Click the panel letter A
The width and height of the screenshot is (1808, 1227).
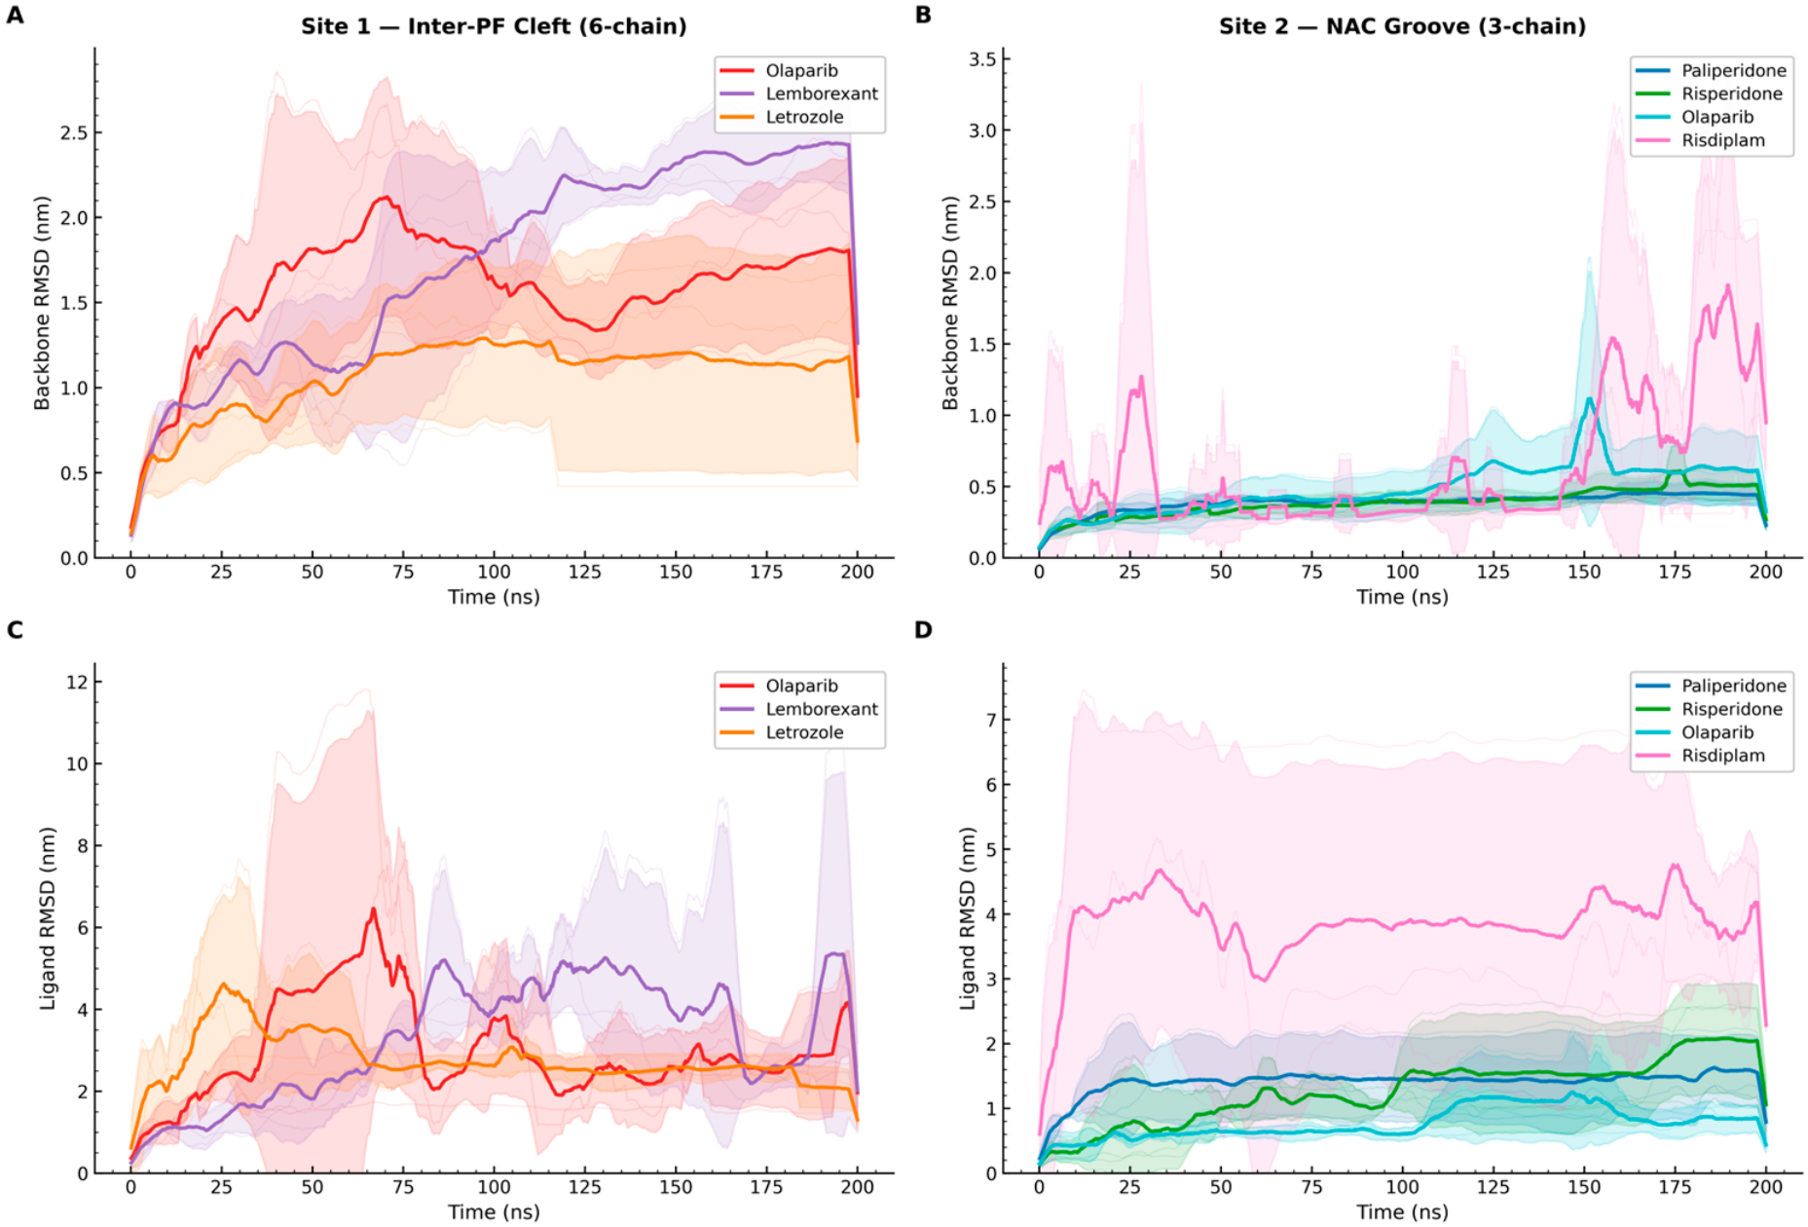(15, 16)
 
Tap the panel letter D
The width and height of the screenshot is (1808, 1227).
(923, 630)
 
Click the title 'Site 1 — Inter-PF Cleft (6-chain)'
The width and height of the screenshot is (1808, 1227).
(494, 26)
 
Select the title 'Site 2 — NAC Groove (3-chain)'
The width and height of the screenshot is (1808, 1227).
(1402, 26)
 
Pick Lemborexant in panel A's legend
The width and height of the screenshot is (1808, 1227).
(822, 93)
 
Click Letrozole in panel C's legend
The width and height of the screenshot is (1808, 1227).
(804, 732)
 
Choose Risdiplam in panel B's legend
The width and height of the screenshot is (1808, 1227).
(1723, 140)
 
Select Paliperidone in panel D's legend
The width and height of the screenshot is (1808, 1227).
(1734, 686)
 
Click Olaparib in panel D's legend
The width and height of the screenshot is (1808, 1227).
(1717, 732)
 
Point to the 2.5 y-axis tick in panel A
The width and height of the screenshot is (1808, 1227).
(74, 132)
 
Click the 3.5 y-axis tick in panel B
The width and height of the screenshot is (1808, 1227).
(982, 59)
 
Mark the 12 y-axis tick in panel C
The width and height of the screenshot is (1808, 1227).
(77, 682)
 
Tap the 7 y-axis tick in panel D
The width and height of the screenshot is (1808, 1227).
(991, 720)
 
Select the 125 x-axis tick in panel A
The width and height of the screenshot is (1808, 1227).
(584, 572)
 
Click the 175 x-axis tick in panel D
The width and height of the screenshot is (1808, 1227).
(1675, 1187)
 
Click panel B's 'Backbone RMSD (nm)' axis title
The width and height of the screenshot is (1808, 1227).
(950, 303)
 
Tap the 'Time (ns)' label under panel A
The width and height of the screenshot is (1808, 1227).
(494, 597)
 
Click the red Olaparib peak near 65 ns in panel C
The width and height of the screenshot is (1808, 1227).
(373, 910)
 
